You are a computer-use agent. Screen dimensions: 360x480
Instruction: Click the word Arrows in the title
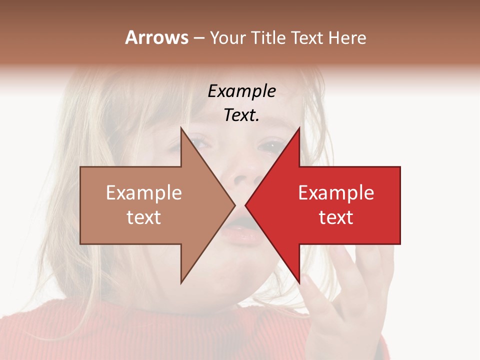tap(156, 37)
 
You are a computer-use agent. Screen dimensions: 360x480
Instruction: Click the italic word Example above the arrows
tap(241, 91)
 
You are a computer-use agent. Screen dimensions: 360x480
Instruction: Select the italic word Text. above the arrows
tap(241, 115)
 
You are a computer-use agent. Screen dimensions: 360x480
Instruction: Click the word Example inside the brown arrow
tap(143, 193)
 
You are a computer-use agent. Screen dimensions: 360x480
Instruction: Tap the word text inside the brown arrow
tap(143, 217)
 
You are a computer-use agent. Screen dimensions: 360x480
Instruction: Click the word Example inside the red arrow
tap(336, 193)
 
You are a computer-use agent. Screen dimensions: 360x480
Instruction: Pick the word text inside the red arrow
tap(336, 217)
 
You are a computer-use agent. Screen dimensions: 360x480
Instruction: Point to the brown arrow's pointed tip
tap(234, 205)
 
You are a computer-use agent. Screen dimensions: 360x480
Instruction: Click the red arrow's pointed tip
tap(245, 205)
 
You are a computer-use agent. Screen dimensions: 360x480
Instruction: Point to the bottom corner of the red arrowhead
tap(299, 283)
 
